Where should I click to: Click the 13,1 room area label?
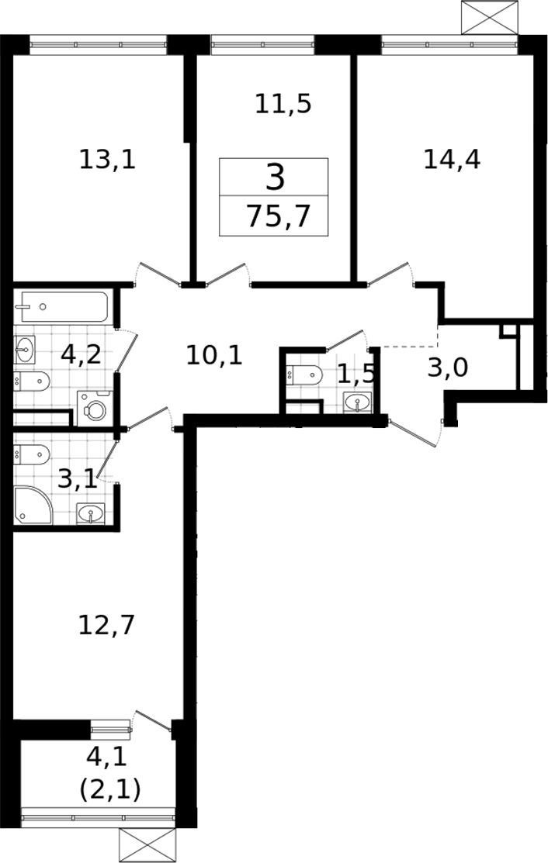coord(107,161)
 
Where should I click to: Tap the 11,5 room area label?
coord(283,104)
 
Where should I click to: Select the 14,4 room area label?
coord(452,160)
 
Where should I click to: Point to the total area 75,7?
coord(279,216)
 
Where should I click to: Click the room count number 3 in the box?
coord(275,178)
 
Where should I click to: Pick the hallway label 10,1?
coord(214,356)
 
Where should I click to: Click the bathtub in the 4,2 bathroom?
coord(61,306)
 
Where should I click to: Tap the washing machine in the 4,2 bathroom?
coord(95,409)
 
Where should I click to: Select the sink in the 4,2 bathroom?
coord(25,350)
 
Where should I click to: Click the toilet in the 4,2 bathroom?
coord(32,380)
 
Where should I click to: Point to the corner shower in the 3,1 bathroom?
coord(33,505)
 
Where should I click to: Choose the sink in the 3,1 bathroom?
coord(90,513)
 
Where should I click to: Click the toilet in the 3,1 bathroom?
coord(32,454)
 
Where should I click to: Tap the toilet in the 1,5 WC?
coord(304,375)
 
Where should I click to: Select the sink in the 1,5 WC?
coord(357,402)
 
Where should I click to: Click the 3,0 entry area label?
coord(448,368)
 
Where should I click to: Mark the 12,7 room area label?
coord(106,626)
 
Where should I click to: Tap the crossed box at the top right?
coord(490,18)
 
